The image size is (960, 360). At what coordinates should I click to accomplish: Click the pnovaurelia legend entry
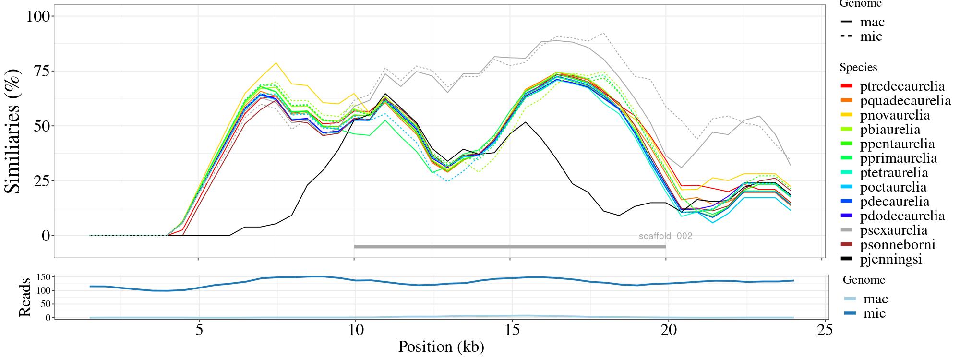tap(895, 115)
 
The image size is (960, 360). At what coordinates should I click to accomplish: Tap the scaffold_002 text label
tap(665, 236)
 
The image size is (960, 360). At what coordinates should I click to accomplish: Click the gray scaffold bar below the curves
tap(509, 247)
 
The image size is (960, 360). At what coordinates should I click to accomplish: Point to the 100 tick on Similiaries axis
tap(38, 16)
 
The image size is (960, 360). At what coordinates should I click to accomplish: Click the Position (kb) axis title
tap(441, 347)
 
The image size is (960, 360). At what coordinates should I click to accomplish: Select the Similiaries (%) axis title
tap(13, 131)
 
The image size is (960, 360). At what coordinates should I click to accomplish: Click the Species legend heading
tap(858, 68)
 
